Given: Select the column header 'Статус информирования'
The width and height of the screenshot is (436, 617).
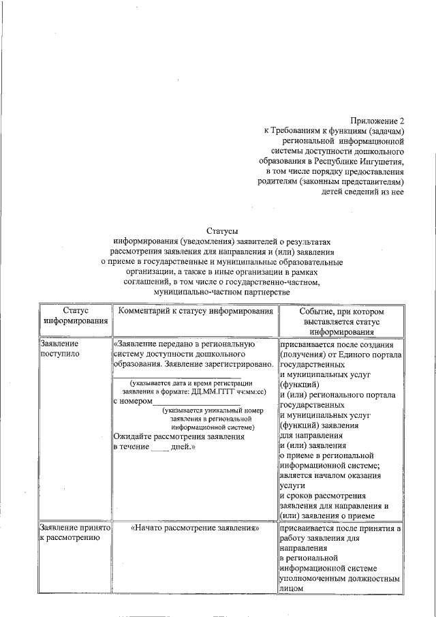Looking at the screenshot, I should pos(75,316).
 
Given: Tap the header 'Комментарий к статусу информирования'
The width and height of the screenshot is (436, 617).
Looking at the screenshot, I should pos(196,311).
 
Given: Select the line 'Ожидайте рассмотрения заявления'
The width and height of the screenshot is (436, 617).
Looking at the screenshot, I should pos(178,436).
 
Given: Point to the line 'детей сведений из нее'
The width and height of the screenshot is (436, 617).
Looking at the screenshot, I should pos(362,193).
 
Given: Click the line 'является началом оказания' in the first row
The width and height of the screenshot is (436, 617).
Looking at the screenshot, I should pos(330,476).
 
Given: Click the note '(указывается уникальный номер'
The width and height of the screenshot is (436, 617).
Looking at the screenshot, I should pos(207,411).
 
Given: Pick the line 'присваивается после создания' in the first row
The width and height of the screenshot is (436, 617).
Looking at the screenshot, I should pos(340,345).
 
